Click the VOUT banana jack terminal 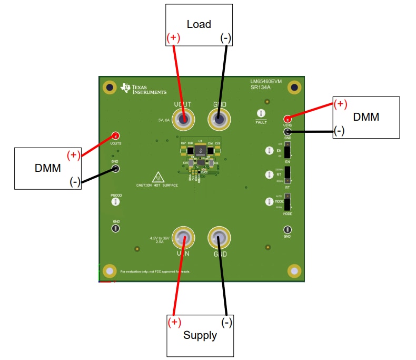tap(184, 120)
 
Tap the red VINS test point tap(288, 119)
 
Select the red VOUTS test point tap(115, 135)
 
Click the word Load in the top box tap(199, 24)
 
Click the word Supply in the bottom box tap(200, 335)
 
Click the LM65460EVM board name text tap(266, 82)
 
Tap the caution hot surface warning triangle tap(157, 177)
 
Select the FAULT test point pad tap(260, 114)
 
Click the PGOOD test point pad tap(116, 201)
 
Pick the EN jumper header tap(288, 150)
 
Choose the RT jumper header tap(288, 176)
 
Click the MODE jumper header tap(288, 202)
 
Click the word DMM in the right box tap(366, 117)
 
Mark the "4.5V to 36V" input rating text tap(160, 238)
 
